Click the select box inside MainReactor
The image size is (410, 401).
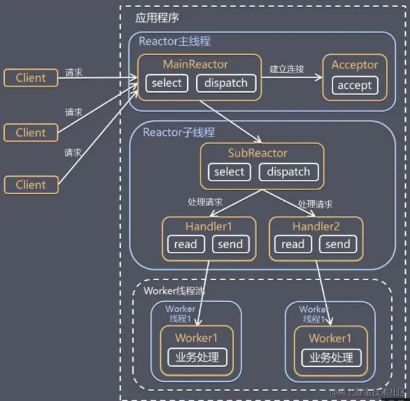click(166, 83)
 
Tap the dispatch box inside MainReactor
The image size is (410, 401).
click(226, 83)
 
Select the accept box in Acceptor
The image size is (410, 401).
click(354, 85)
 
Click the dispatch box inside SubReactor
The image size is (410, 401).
click(288, 172)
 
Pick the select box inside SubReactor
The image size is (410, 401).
click(229, 172)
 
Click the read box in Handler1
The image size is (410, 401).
click(185, 244)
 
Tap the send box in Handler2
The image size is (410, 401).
click(337, 244)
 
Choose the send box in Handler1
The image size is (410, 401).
click(230, 244)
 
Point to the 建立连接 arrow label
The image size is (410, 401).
click(287, 69)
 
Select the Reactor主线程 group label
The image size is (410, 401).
click(175, 41)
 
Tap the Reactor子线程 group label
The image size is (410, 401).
click(178, 132)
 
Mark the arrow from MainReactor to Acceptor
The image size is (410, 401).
click(291, 78)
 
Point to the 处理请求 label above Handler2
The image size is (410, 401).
click(315, 204)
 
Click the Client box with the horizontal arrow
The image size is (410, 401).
click(31, 78)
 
